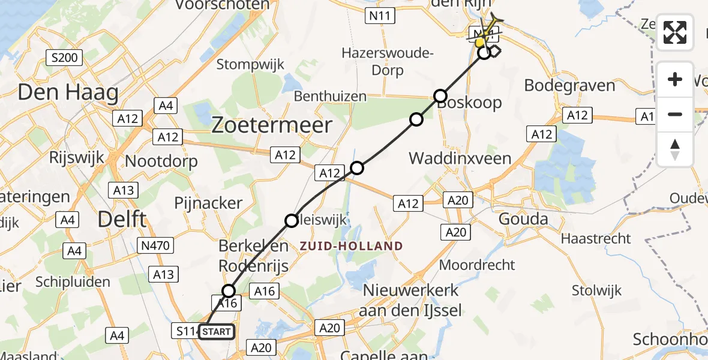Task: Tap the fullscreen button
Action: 675,32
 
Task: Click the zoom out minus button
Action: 675,114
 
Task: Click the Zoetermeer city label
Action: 272,125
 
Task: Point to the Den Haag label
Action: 68,92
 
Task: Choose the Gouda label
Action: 524,219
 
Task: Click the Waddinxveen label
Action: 460,159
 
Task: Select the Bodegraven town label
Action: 569,85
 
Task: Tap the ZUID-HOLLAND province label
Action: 351,246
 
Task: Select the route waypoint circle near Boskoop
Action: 440,96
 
